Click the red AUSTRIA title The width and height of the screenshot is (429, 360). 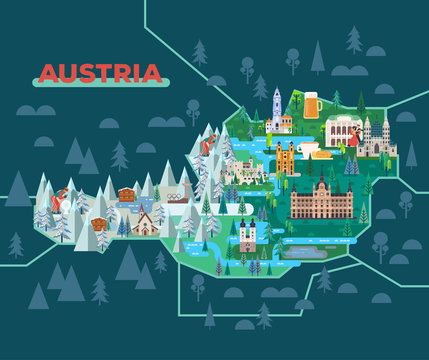(x=98, y=73)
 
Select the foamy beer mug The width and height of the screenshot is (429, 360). (x=311, y=103)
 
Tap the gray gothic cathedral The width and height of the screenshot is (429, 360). (x=380, y=135)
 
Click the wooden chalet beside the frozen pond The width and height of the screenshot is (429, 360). (x=126, y=194)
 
